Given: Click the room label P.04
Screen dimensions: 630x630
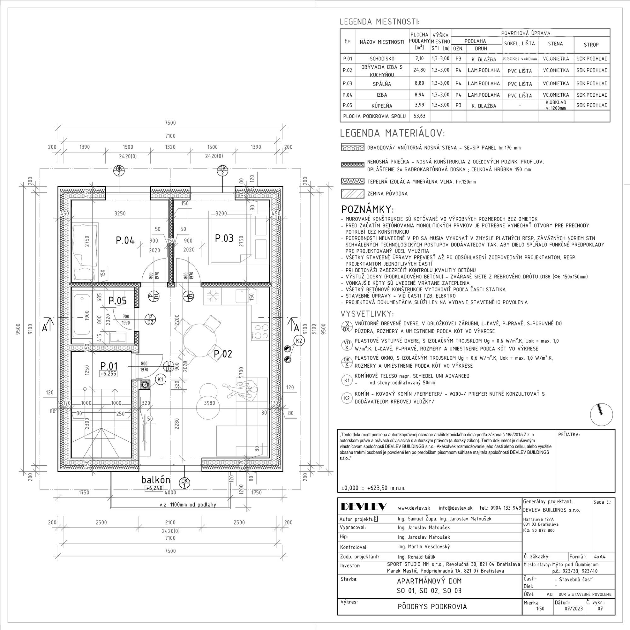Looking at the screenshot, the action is click(x=125, y=240).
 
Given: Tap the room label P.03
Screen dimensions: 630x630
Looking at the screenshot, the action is click(x=224, y=238).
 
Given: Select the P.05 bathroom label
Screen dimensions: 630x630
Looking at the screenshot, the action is click(x=117, y=300).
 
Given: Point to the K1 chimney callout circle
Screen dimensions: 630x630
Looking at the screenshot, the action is click(x=160, y=379).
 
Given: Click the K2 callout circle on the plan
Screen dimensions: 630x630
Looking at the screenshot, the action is click(x=299, y=341).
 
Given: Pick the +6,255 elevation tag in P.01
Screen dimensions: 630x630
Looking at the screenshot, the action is click(x=108, y=374).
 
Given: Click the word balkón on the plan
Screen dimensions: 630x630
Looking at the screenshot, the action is click(x=156, y=480).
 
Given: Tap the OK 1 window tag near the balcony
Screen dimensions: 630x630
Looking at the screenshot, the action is click(x=185, y=482).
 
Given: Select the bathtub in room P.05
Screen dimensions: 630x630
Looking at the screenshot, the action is click(x=82, y=315).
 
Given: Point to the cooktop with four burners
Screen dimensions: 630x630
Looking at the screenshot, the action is click(x=260, y=331).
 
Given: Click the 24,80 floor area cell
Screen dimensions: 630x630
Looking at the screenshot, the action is click(x=419, y=70).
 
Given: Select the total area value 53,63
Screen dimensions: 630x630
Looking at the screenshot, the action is click(x=419, y=116).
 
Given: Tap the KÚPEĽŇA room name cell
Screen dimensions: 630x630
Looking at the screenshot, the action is click(x=382, y=106).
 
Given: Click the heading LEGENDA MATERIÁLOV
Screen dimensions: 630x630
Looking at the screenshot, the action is click(x=392, y=133).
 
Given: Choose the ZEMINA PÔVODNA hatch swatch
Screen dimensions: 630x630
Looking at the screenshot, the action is click(x=352, y=194).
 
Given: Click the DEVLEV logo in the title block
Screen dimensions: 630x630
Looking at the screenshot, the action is click(x=364, y=507).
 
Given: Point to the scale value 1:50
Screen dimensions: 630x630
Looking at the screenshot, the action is click(x=540, y=609).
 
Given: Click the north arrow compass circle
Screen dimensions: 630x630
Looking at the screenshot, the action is click(x=601, y=415).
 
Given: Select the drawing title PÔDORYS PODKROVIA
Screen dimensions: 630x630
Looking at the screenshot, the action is click(x=432, y=606).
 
